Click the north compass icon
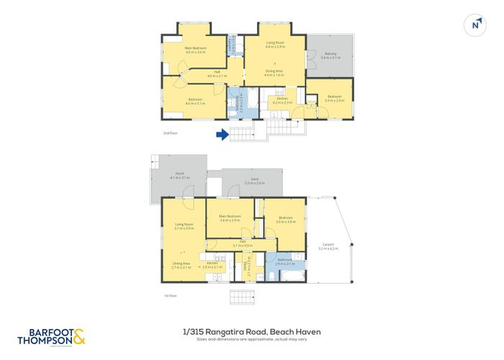click(x=475, y=24)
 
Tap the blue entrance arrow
click(x=223, y=134)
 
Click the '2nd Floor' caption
click(x=170, y=133)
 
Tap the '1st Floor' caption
click(x=170, y=295)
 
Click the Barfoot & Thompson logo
click(x=52, y=336)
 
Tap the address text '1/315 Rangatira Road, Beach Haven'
click(x=251, y=330)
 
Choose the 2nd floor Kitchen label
click(x=282, y=101)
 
